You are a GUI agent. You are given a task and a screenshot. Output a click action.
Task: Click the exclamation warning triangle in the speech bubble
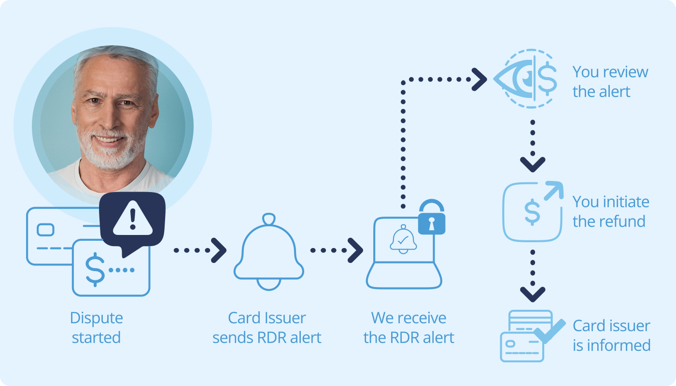(x=133, y=218)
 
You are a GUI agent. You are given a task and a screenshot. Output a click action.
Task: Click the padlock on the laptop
(x=432, y=217)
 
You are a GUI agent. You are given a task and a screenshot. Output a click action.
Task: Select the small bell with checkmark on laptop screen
(x=403, y=239)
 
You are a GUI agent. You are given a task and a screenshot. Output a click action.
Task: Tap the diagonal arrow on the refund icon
(x=554, y=191)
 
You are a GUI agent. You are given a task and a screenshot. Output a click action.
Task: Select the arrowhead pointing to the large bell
(x=218, y=250)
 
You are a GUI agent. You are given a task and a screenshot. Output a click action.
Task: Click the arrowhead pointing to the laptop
(x=355, y=250)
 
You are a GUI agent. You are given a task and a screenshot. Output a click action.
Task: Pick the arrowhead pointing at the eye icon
(x=479, y=79)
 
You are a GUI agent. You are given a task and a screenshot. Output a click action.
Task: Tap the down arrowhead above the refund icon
(x=533, y=165)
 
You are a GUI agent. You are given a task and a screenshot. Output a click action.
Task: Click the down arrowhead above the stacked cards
(x=533, y=294)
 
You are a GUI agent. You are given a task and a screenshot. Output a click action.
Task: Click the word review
(x=624, y=72)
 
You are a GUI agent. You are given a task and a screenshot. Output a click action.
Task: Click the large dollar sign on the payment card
(x=95, y=270)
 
